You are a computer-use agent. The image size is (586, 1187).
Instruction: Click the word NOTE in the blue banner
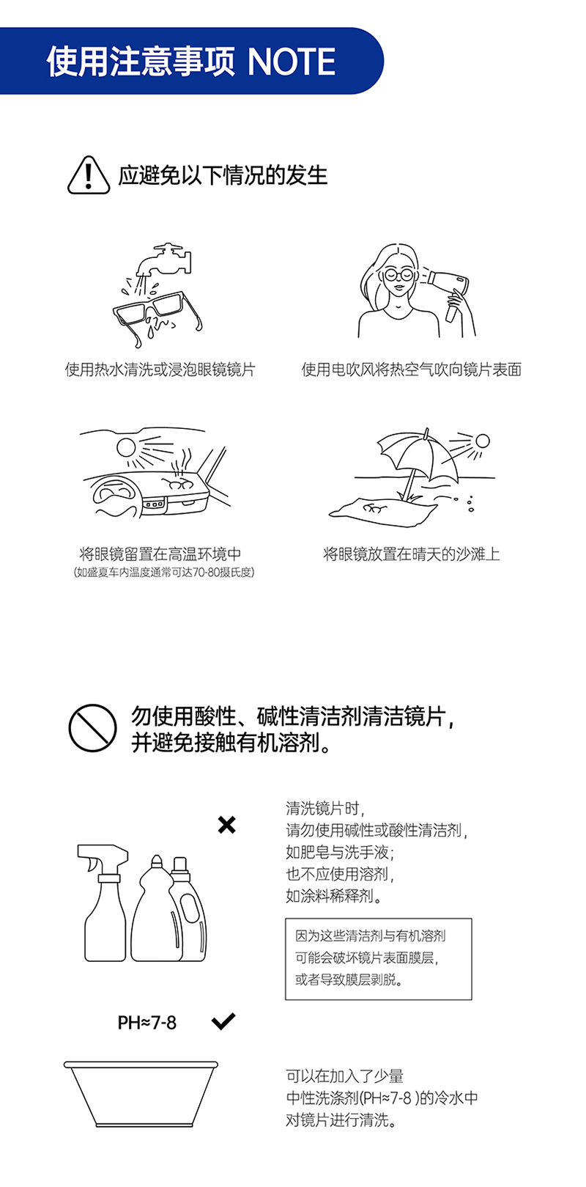tap(291, 62)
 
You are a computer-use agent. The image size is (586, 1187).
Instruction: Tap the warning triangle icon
tap(89, 175)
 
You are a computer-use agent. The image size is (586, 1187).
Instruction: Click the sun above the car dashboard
tap(126, 447)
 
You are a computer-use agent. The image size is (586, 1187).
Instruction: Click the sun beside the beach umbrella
tap(482, 441)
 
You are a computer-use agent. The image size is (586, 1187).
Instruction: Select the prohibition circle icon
tap(92, 727)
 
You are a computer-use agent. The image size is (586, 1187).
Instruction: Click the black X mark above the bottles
tap(226, 825)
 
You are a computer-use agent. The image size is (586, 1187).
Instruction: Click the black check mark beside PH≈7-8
tap(223, 1021)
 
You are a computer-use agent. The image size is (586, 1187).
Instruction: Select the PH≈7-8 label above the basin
tap(146, 1022)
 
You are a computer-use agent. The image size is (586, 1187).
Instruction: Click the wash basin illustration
tap(141, 1093)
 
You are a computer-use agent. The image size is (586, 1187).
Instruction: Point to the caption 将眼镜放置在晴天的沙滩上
tap(412, 554)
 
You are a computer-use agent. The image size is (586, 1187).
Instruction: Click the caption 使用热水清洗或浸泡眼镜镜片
tap(160, 370)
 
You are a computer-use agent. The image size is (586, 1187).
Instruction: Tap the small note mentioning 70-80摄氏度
tap(163, 573)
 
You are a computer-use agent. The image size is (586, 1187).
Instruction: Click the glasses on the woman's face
tap(398, 274)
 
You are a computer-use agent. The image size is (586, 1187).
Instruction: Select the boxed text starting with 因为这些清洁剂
tap(379, 958)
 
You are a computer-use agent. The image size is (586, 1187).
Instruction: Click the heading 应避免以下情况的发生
tap(223, 175)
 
